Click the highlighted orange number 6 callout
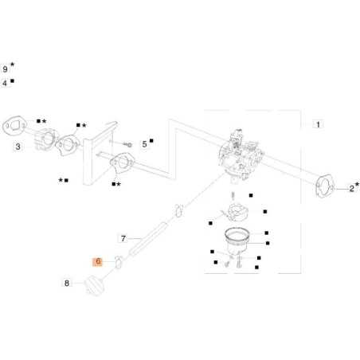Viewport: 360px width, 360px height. pos(98,262)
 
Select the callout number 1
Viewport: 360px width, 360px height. pos(318,124)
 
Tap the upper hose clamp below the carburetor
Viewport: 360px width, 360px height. pos(179,210)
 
